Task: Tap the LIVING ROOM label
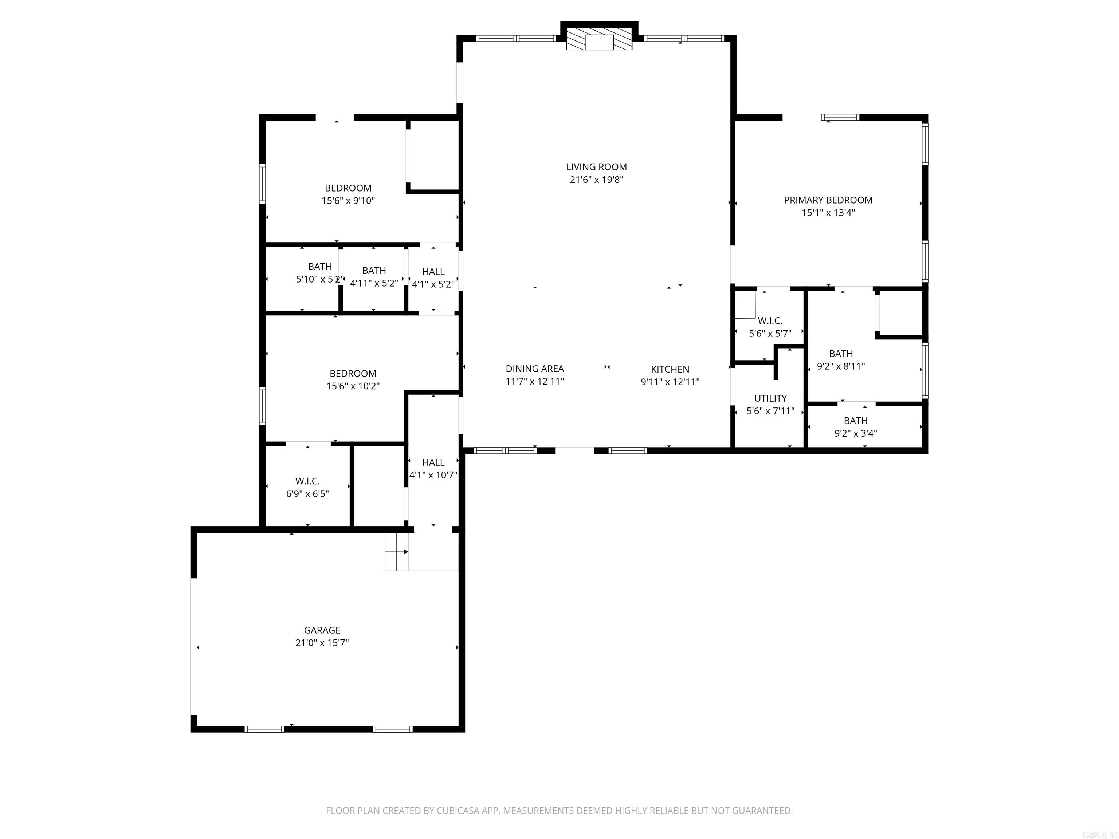[596, 167]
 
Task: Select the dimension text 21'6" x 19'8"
[596, 180]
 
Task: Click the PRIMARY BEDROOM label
[828, 200]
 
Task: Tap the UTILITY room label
[770, 398]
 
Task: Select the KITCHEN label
[670, 369]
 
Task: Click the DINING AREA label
[535, 369]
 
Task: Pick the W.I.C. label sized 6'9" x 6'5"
[307, 481]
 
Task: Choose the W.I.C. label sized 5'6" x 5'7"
[770, 320]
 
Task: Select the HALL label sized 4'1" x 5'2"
[433, 272]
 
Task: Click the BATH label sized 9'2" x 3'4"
[855, 421]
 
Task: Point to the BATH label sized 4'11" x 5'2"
[374, 271]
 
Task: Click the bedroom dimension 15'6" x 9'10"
[348, 201]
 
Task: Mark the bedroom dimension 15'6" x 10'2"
[353, 386]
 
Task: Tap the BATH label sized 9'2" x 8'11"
[841, 354]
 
